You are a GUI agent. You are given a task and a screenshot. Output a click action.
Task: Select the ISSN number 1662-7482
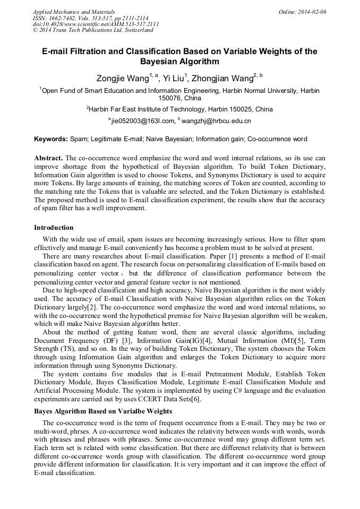tap(64, 18)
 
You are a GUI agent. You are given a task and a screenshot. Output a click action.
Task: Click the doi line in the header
tap(96, 24)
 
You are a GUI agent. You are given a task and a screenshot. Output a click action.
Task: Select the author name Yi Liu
tap(173, 78)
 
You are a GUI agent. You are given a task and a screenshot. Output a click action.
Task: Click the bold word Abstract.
tap(48, 159)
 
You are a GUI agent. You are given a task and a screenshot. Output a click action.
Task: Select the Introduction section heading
tap(54, 227)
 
